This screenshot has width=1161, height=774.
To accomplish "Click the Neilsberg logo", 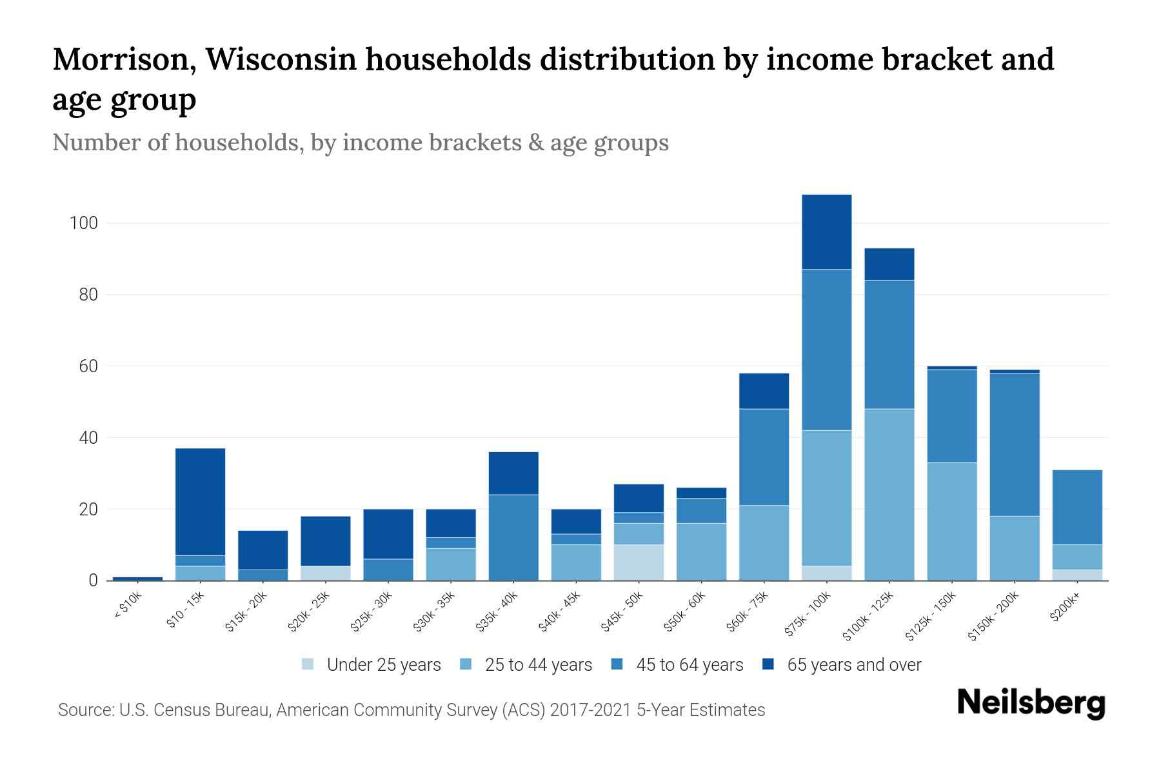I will pyautogui.click(x=1031, y=703).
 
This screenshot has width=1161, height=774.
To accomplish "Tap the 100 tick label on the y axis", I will pyautogui.click(x=83, y=224).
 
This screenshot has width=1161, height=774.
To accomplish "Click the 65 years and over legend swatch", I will pyautogui.click(x=768, y=664).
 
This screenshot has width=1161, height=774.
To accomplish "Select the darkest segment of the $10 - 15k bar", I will pyautogui.click(x=200, y=501).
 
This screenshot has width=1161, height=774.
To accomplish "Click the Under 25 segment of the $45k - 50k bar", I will pyautogui.click(x=639, y=562).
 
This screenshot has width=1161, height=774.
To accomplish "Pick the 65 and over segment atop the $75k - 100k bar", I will pyautogui.click(x=826, y=232).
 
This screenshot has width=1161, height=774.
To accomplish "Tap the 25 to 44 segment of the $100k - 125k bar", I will pyautogui.click(x=889, y=494).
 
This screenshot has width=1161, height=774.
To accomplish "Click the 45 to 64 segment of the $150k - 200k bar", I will pyautogui.click(x=1014, y=444).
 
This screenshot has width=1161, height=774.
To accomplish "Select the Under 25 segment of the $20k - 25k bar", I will pyautogui.click(x=325, y=573).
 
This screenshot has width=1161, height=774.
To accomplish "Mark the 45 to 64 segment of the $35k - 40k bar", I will pyautogui.click(x=513, y=537).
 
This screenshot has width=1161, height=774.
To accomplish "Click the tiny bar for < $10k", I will pyautogui.click(x=137, y=578).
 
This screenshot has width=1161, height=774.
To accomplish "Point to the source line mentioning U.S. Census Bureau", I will pyautogui.click(x=411, y=710).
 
